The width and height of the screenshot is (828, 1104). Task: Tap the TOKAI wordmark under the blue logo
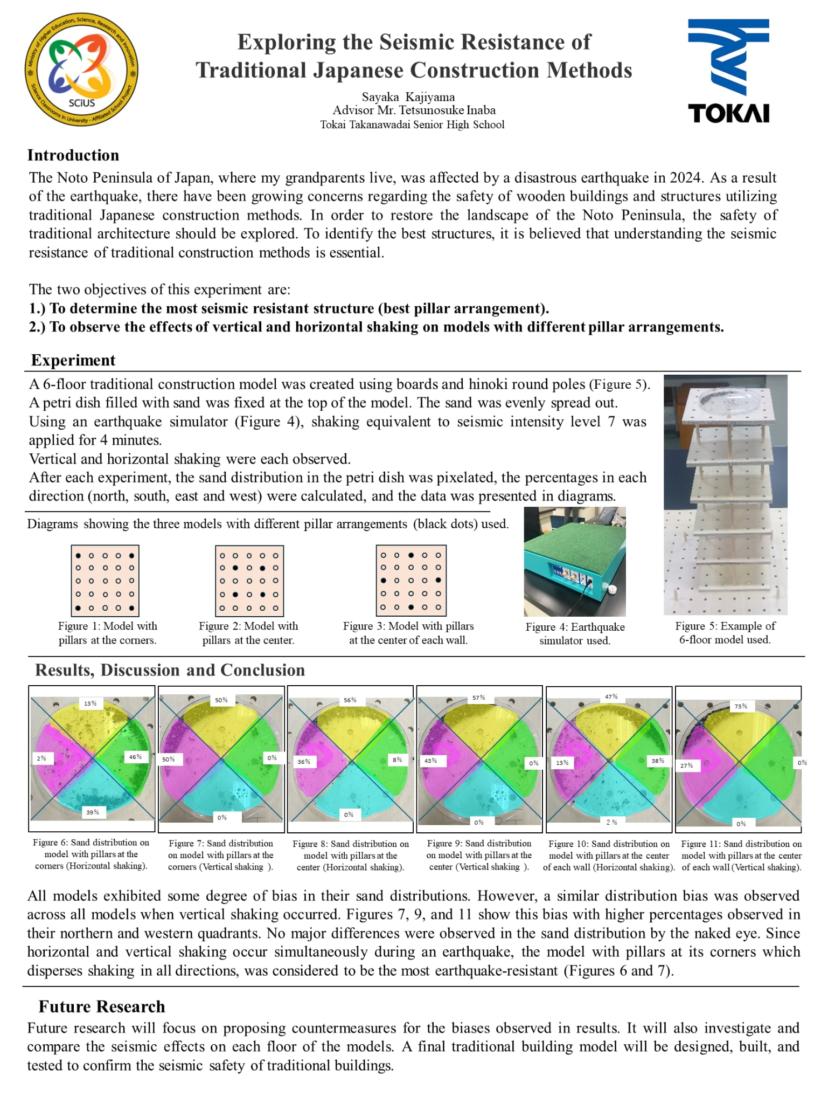click(728, 113)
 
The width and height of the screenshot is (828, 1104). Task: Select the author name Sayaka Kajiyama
click(408, 97)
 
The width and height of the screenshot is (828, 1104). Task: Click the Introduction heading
click(73, 155)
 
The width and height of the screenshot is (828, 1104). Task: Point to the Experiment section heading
click(73, 360)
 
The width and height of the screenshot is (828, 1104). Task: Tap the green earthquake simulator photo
click(575, 561)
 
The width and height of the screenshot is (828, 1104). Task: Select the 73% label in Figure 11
click(741, 706)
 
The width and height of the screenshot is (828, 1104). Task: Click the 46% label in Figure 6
click(135, 757)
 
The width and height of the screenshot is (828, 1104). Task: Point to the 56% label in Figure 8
click(350, 700)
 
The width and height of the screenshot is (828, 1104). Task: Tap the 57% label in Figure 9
click(478, 698)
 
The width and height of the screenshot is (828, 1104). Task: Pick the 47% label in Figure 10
click(611, 696)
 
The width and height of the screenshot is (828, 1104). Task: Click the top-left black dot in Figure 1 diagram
click(78, 555)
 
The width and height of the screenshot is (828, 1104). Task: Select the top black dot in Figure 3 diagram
click(411, 555)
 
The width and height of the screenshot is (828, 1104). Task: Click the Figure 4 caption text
click(575, 633)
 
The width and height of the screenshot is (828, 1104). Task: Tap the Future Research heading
click(102, 1006)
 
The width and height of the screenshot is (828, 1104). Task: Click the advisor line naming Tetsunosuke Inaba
click(414, 111)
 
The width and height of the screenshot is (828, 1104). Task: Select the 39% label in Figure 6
click(93, 812)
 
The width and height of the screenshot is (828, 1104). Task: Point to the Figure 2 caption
click(248, 633)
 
